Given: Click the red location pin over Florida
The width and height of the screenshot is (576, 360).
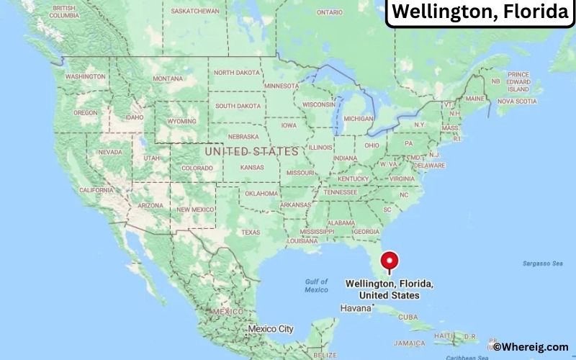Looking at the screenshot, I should pyautogui.click(x=390, y=261).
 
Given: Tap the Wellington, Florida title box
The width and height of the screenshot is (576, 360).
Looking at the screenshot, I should pyautogui.click(x=480, y=13).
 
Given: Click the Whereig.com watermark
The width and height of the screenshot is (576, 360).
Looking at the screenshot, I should pyautogui.click(x=532, y=347).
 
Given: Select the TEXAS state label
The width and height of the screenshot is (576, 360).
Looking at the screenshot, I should pyautogui.click(x=251, y=232).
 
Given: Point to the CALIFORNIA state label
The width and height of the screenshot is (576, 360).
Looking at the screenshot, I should pyautogui.click(x=96, y=190).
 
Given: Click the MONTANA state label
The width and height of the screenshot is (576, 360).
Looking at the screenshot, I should pyautogui.click(x=168, y=78).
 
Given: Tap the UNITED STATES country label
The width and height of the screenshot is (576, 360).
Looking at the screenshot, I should pyautogui.click(x=251, y=152).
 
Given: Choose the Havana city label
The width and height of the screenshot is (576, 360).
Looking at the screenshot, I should pyautogui.click(x=356, y=307).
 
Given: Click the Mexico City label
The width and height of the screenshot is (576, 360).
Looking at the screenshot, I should pyautogui.click(x=271, y=329).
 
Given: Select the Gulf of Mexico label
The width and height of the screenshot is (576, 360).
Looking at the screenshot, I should pyautogui.click(x=316, y=286).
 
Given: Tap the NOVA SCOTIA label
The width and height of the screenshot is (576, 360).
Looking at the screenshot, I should pyautogui.click(x=516, y=102).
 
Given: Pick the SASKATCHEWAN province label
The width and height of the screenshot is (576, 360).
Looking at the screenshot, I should pyautogui.click(x=195, y=12).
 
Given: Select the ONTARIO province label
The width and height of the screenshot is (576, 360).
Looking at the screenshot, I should pyautogui.click(x=330, y=12).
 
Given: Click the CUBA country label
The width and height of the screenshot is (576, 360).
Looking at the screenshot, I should pyautogui.click(x=408, y=317).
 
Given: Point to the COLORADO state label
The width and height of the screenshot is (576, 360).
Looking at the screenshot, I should pyautogui.click(x=197, y=168).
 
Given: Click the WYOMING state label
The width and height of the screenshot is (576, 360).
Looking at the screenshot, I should pyautogui.click(x=181, y=122).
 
